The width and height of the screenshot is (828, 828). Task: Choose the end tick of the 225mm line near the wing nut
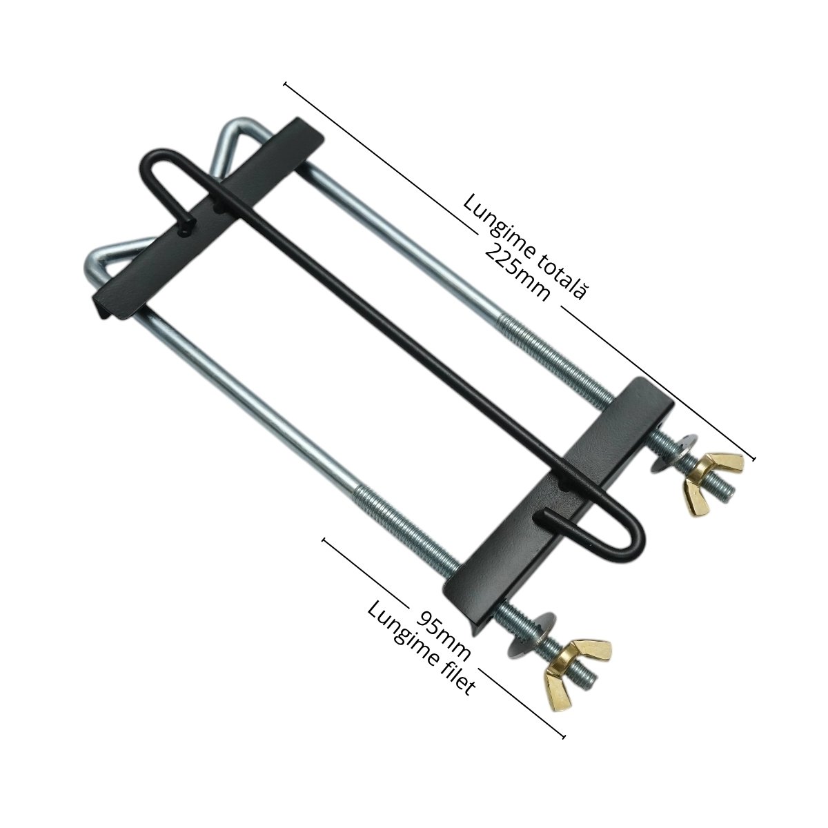(753, 457)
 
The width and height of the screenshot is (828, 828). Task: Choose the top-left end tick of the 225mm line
(286, 84)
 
